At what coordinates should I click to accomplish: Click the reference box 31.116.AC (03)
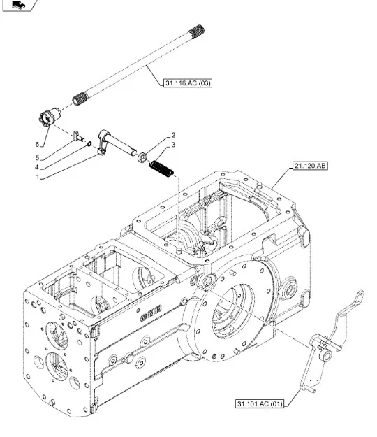click(188, 83)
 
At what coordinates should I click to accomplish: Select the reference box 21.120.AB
click(310, 166)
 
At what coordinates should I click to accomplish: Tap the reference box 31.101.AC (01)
click(260, 403)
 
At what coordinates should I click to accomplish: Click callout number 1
click(38, 177)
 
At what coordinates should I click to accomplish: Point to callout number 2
click(173, 135)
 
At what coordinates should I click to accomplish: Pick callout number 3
click(173, 145)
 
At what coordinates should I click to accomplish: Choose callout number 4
click(36, 167)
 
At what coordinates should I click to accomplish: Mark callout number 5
click(37, 158)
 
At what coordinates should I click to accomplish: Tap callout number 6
click(37, 144)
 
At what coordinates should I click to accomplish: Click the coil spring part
click(161, 169)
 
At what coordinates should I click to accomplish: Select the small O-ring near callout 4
click(89, 144)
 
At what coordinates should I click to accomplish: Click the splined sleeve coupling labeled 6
click(50, 117)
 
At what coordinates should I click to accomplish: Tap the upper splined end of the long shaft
click(196, 31)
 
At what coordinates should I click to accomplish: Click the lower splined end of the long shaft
click(80, 99)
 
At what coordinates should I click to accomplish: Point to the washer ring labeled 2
click(142, 157)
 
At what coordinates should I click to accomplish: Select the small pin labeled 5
click(79, 136)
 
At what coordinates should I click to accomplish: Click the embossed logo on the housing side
click(151, 313)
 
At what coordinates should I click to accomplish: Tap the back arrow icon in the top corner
click(18, 5)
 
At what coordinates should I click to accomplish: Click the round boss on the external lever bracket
click(326, 356)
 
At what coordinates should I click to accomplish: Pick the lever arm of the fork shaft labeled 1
click(102, 143)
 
